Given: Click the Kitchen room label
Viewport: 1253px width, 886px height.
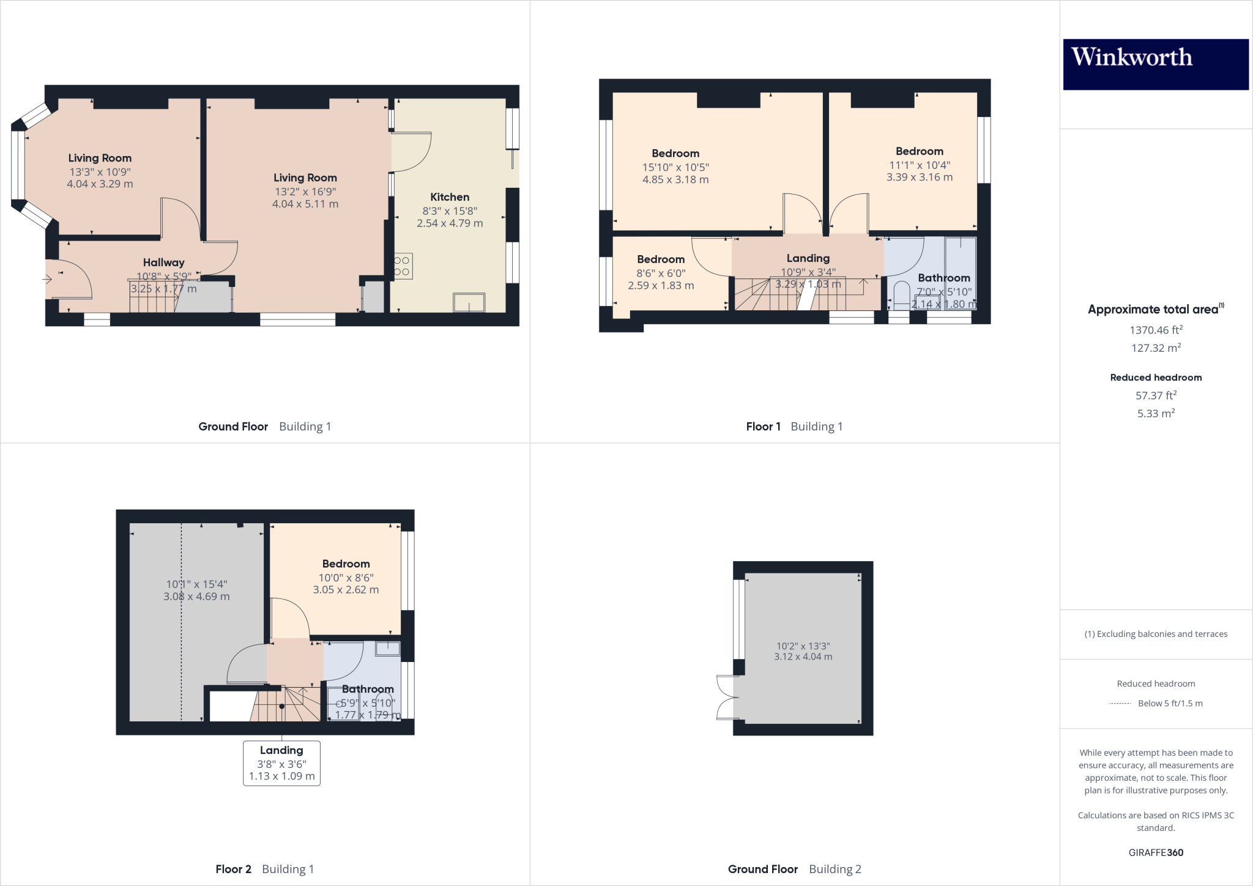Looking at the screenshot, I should coord(450,197).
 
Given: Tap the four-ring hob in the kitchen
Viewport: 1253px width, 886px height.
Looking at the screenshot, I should coord(403,266).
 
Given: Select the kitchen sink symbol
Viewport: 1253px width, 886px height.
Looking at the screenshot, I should coord(469,302).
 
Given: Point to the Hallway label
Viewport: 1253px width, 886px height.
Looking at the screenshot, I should coord(163,262).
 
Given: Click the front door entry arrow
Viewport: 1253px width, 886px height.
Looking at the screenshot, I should coord(46,280).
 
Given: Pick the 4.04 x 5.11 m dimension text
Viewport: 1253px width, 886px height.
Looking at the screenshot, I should coord(305,204).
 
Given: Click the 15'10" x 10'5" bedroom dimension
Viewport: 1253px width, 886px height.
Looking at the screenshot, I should coord(675,167).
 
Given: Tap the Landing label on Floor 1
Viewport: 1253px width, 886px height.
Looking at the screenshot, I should coord(808,258).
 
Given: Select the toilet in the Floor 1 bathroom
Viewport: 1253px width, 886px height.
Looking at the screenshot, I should coord(901,294).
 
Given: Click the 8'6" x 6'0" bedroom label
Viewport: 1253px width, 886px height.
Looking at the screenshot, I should coord(661,259).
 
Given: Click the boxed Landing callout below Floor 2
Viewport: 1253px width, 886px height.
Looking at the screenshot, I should coord(281,763).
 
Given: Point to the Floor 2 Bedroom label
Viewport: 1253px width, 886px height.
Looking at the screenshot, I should coord(346,564).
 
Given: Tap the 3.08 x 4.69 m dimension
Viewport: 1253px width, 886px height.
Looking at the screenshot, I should coord(196,597).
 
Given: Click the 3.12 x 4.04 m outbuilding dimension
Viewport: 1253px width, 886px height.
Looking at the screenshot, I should coord(803,657).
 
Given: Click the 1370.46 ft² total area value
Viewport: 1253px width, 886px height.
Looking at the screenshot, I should coord(1155,330).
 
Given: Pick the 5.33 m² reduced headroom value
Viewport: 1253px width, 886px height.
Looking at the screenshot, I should coord(1155,414).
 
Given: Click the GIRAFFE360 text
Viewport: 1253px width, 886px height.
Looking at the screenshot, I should coord(1155,852).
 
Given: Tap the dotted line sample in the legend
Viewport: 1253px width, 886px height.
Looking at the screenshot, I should coord(1120,704).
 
